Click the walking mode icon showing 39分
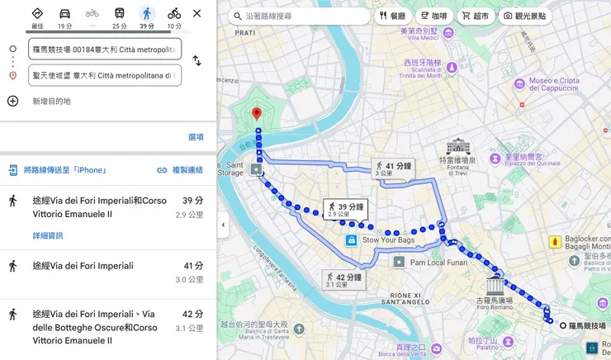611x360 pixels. pos(146,14)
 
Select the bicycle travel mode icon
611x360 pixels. pos(173,14)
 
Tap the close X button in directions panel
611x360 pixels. pos(197,14)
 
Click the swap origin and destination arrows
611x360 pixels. pos(197,61)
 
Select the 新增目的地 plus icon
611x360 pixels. pos(12,101)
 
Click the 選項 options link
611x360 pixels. pos(196,137)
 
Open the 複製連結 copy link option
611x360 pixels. pos(180,170)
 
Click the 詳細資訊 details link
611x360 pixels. pos(47,235)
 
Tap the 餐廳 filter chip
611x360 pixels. pos(392,16)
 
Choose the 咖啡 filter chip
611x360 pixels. pos(433,16)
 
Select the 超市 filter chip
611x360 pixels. pos(476,16)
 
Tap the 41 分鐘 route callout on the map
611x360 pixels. pos(393,168)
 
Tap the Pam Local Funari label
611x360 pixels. pos(439,262)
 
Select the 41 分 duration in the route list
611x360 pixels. pos(193,266)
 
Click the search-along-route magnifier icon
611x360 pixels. pos(238,16)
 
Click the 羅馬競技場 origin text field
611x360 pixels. pos(104,50)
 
